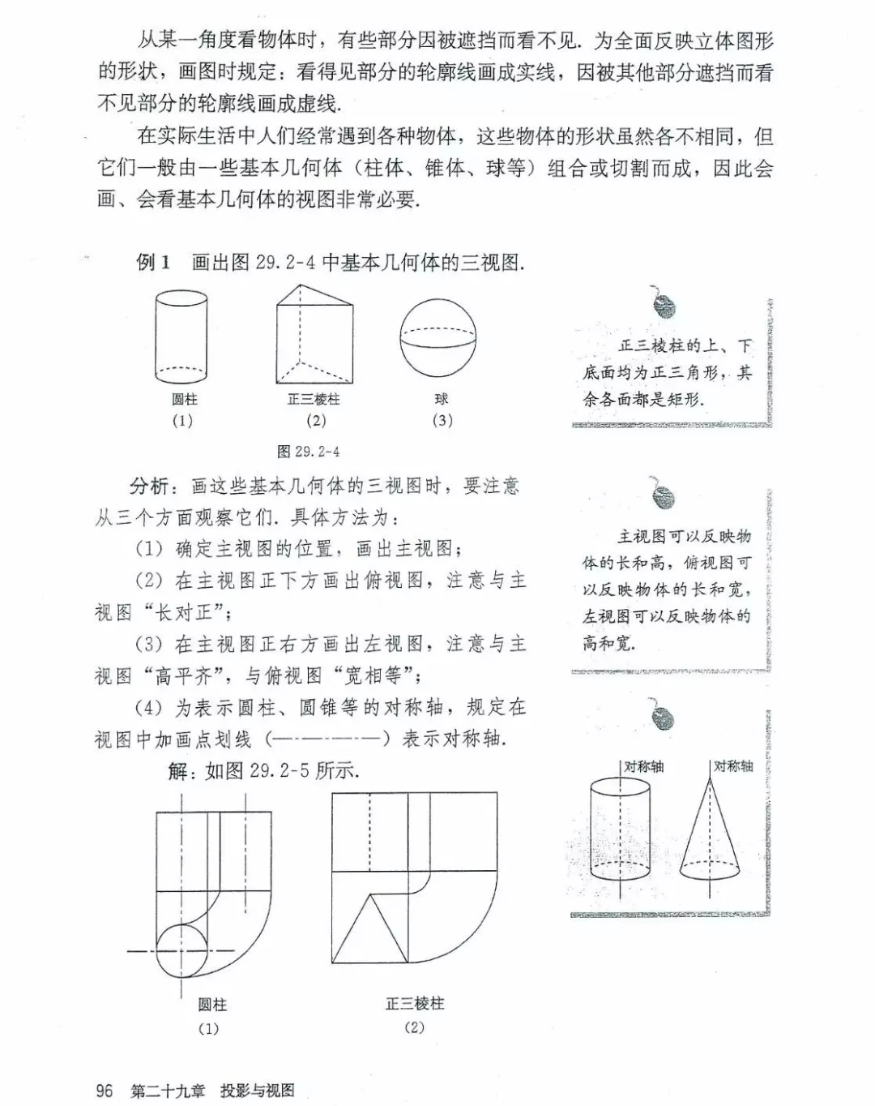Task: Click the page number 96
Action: [x=105, y=1090]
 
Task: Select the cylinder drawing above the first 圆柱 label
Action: [x=181, y=337]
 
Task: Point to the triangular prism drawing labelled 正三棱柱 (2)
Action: [x=315, y=334]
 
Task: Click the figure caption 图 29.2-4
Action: [x=308, y=452]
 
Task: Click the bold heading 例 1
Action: [x=153, y=262]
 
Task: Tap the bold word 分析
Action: [x=150, y=487]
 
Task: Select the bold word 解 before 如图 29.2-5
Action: [x=178, y=771]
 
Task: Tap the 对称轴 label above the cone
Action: [x=734, y=766]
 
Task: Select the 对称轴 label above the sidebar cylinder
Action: [x=644, y=766]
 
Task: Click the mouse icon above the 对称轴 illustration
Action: [x=664, y=718]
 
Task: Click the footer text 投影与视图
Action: [x=258, y=1091]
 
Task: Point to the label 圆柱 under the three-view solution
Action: [x=212, y=1005]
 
